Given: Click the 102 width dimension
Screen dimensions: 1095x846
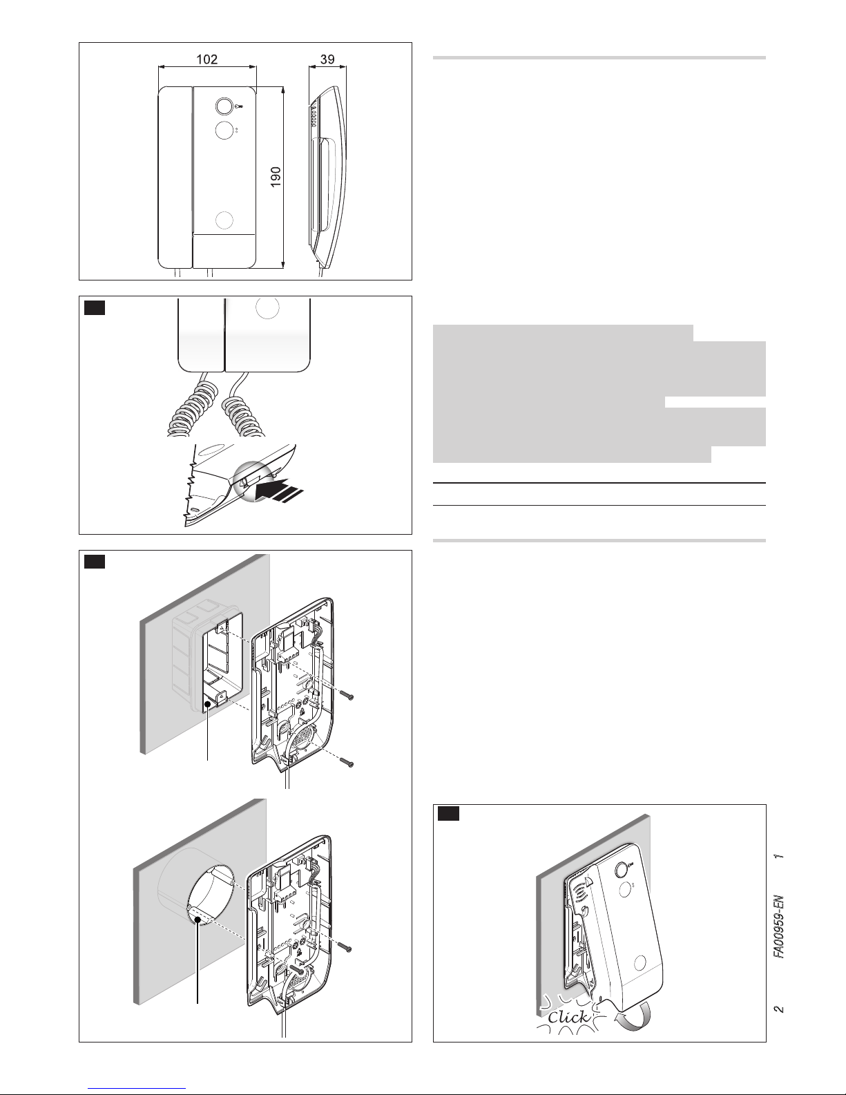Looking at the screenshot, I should pyautogui.click(x=207, y=59).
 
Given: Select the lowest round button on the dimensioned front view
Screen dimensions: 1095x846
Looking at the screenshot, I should pyautogui.click(x=224, y=220).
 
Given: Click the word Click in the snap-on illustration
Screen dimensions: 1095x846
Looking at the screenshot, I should pyautogui.click(x=568, y=1016).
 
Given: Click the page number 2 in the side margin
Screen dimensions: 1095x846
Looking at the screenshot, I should pyautogui.click(x=778, y=1009).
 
